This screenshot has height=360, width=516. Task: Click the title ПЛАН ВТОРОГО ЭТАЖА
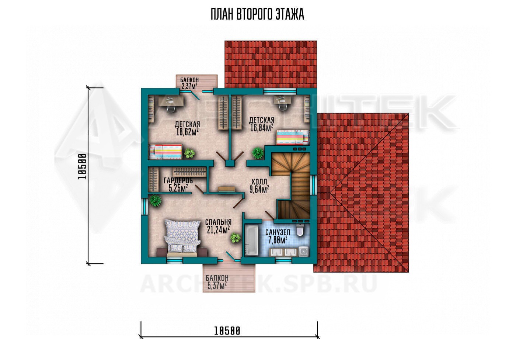[x=257, y=14]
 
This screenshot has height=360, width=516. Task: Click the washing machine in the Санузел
[x=303, y=251]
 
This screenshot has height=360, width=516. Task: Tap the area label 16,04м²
[x=262, y=128]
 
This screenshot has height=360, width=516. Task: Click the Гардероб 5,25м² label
[x=178, y=184]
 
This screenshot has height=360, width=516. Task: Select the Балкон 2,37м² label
[x=189, y=83]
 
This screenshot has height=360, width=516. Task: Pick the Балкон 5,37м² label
[x=217, y=282]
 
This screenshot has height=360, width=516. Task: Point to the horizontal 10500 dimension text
[x=227, y=331]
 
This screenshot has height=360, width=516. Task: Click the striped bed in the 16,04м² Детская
[x=292, y=137]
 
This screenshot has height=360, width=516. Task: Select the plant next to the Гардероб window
[x=155, y=200]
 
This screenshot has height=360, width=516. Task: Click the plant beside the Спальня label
[x=235, y=238]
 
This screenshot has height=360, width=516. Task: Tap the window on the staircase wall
[x=313, y=185]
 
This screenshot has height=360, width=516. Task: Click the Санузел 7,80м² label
[x=278, y=236]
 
